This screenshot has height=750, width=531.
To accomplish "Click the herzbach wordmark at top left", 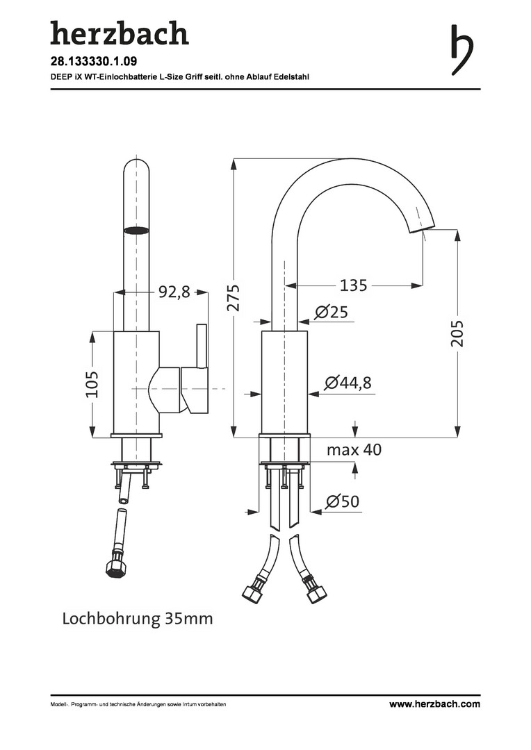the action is click(x=120, y=34).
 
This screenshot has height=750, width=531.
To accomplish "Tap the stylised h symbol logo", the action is click(x=461, y=50).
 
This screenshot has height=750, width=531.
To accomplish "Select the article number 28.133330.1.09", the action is click(x=88, y=61).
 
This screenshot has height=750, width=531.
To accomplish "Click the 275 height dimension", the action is click(x=233, y=297).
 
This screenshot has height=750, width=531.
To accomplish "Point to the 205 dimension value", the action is click(x=457, y=333).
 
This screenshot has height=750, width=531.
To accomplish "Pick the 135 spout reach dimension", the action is click(x=353, y=285).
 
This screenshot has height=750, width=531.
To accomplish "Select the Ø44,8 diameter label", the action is click(x=348, y=383).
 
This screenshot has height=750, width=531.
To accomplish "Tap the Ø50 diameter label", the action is click(x=343, y=501).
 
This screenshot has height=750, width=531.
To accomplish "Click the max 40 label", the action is click(x=354, y=449).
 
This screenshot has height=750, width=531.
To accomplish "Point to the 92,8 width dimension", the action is click(x=174, y=291).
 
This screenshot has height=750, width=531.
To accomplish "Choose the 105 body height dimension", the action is click(x=91, y=384).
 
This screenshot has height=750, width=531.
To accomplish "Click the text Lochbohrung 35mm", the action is click(x=138, y=619).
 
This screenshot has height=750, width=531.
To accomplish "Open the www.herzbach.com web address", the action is click(x=434, y=703).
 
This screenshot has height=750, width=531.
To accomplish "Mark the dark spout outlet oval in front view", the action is click(x=135, y=230).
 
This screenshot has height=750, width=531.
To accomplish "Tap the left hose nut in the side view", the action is click(x=252, y=593).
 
